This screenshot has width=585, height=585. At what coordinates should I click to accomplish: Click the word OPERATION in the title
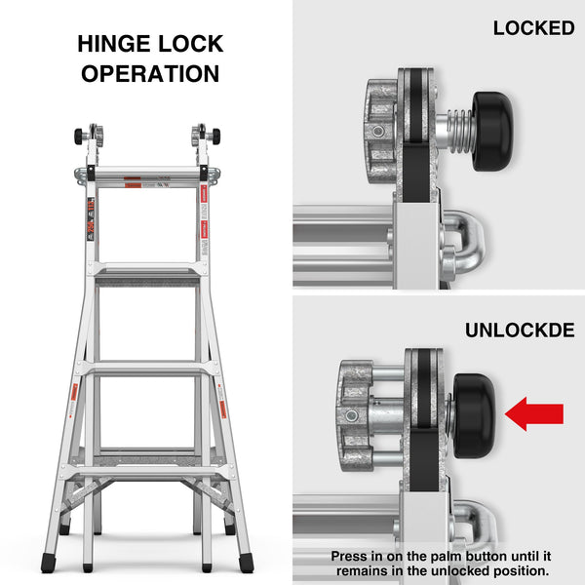point(150,74)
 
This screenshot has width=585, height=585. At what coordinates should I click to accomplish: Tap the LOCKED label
point(533,28)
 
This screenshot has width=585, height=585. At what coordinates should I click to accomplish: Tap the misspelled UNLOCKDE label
point(519,331)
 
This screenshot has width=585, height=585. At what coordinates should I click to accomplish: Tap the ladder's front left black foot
point(49,563)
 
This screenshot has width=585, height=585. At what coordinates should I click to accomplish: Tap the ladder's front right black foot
point(245,563)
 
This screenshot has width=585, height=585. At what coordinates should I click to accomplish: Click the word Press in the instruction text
point(351,556)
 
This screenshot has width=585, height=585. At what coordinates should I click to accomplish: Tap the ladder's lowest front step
point(146,472)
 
